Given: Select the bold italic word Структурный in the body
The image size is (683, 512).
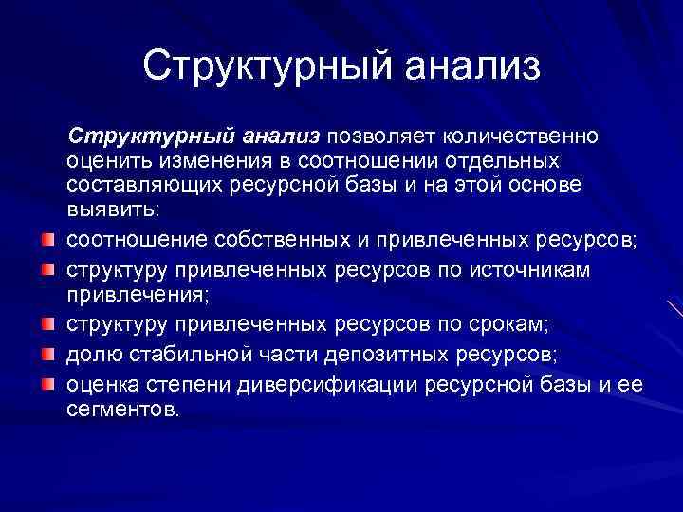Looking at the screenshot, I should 139,136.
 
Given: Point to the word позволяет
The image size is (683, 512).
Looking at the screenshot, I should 375,136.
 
